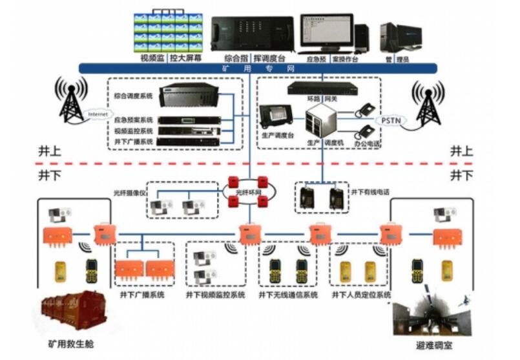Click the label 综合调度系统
pos(134,96)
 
